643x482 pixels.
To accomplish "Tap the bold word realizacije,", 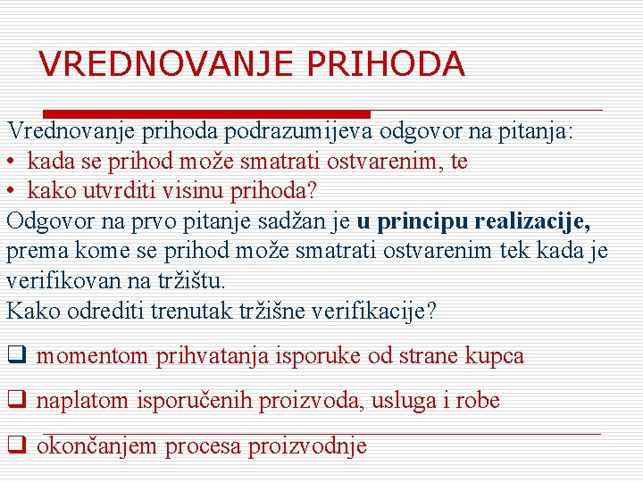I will pos(533,220).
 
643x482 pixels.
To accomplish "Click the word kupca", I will pos(495,356).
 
